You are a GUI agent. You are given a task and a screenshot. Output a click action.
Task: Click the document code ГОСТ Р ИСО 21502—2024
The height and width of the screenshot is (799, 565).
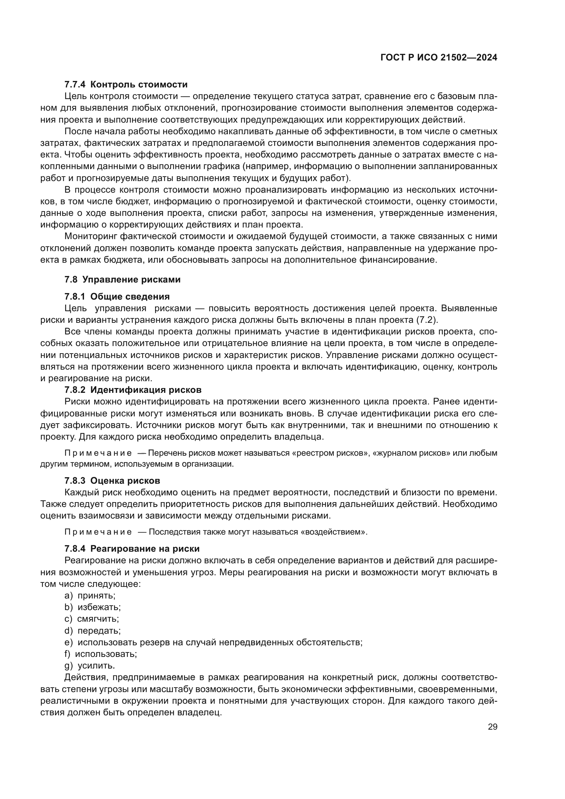pos(439,58)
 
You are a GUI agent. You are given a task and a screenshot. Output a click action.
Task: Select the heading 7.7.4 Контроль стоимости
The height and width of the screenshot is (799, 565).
pos(126,85)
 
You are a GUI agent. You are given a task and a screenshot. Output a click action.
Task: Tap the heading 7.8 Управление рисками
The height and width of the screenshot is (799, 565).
pos(123,280)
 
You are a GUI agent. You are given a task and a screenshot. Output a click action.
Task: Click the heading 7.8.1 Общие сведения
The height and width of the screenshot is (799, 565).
pos(117,297)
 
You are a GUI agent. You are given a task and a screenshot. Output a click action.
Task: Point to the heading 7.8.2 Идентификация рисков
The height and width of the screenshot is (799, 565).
pos(133,390)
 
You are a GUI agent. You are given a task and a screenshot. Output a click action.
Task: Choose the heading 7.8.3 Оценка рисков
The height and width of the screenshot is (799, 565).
pos(112,481)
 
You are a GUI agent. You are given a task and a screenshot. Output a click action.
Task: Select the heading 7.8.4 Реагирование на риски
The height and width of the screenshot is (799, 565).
pos(132,549)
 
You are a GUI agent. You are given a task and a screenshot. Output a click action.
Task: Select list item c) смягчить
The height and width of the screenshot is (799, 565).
pos(92,619)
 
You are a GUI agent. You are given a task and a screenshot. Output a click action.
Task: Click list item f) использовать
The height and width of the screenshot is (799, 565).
pos(100,654)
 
